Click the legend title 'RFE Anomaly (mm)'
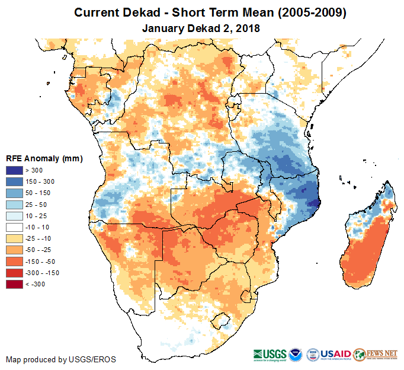[x=44, y=159]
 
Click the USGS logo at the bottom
[x=270, y=354]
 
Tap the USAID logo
[x=336, y=354]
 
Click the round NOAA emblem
[x=296, y=354]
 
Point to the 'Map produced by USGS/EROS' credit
[x=61, y=359]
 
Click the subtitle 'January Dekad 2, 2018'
[x=201, y=28]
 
